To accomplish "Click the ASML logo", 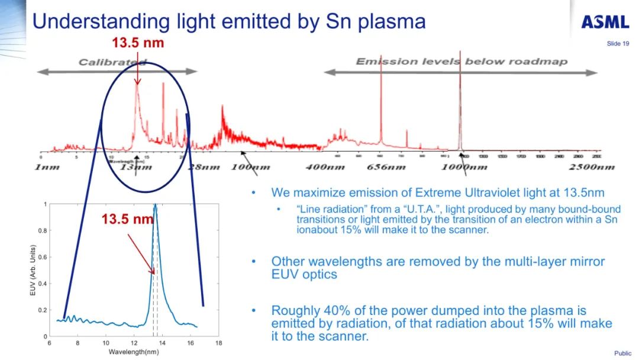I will click(605, 22).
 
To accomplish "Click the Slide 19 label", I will click(618, 44).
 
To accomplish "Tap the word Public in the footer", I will click(622, 353).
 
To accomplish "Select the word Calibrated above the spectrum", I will click(112, 62).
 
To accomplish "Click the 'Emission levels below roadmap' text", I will click(461, 62).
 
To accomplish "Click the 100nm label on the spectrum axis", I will click(250, 167).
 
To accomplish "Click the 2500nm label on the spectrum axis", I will click(592, 167).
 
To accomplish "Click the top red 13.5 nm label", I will click(138, 43).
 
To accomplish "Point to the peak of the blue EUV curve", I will click(155, 205).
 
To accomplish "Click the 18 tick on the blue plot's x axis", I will click(218, 343).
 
